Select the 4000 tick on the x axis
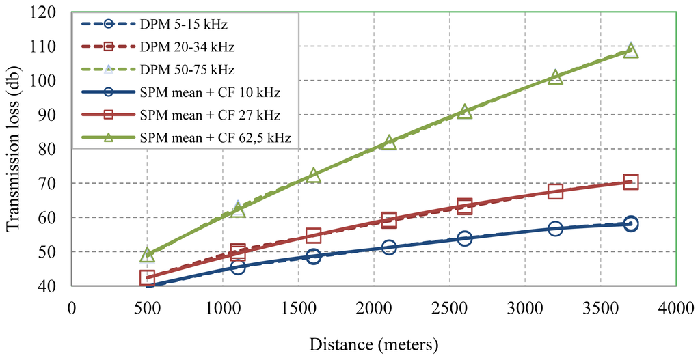675,309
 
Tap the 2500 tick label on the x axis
449,309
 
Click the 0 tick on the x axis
71,309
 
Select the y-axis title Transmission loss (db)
15,149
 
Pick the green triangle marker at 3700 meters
631,51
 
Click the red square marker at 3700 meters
631,182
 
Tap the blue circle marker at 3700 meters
631,223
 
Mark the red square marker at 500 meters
147,277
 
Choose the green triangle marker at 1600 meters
314,176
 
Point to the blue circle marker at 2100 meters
389,247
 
